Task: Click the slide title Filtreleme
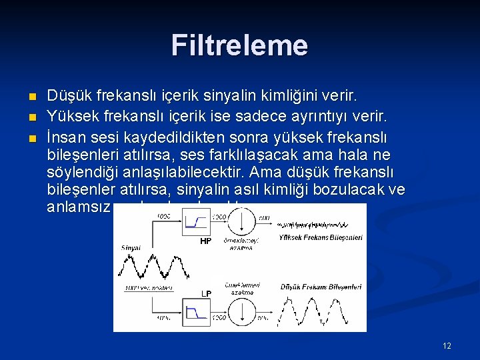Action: (x=239, y=45)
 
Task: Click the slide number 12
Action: (x=447, y=345)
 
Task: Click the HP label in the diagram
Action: (x=206, y=241)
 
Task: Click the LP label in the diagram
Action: (x=206, y=294)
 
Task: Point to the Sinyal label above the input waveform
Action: (x=131, y=248)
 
